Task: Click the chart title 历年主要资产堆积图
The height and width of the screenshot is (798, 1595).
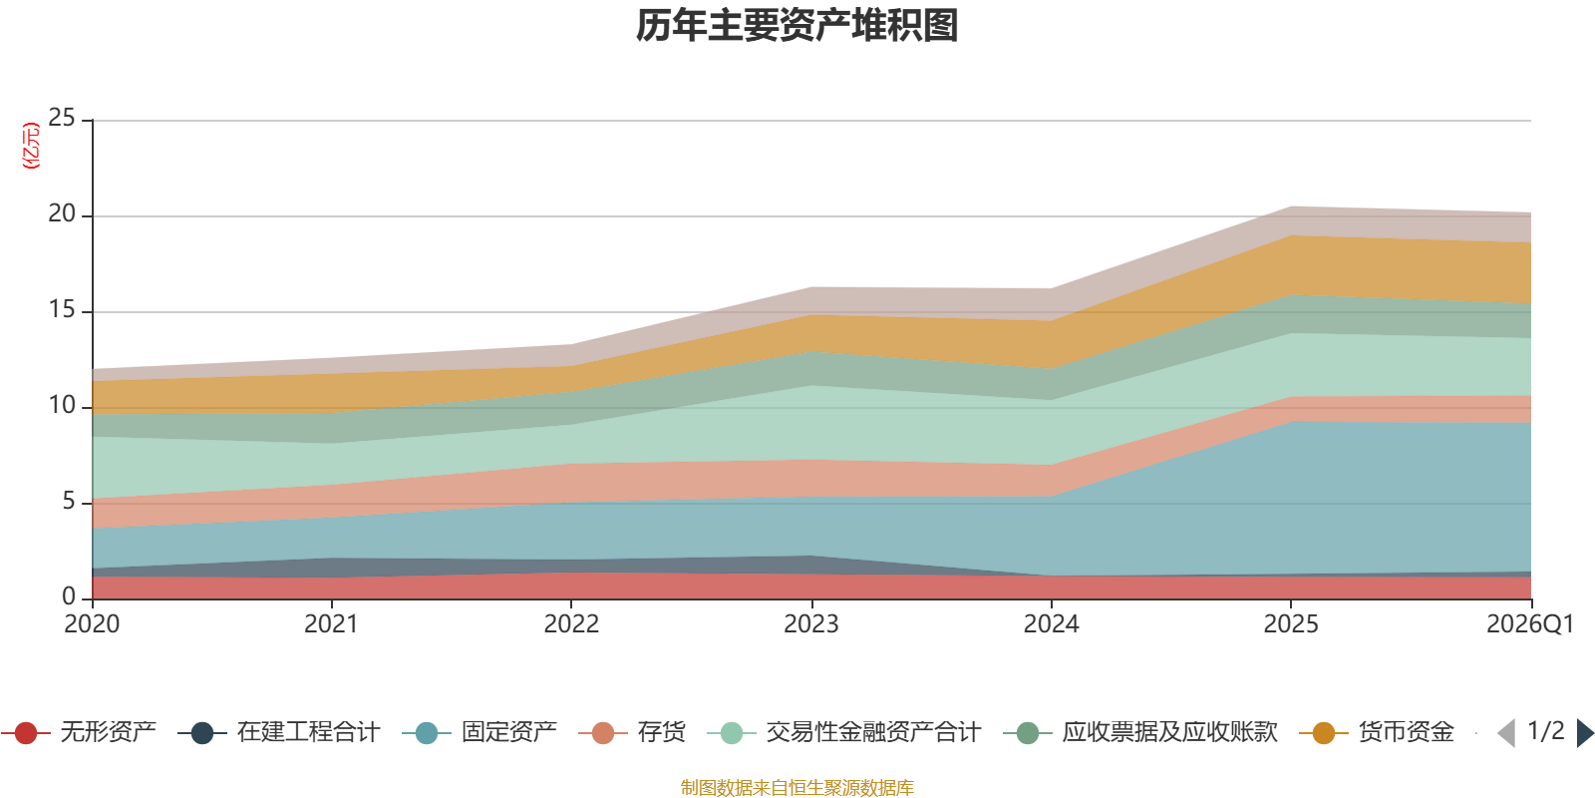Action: coord(797,26)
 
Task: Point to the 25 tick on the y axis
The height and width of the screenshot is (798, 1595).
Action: coord(62,119)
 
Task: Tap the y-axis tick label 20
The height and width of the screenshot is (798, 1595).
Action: coord(62,214)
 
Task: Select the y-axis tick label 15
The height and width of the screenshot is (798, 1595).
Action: coord(62,310)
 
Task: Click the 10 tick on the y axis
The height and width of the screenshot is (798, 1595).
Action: coord(62,406)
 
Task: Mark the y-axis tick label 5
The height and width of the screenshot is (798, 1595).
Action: coord(68,502)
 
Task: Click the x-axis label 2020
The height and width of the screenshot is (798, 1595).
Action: coord(92,624)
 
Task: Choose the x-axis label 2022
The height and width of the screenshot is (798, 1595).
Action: coord(571,624)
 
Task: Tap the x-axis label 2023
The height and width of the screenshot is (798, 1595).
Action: coord(811,624)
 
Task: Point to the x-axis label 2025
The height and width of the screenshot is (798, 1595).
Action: coord(1291,624)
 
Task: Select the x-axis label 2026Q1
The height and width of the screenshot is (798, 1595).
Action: coord(1529,624)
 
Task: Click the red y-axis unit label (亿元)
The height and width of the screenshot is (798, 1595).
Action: coord(31,146)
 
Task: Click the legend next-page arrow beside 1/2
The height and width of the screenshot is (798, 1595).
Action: coord(1584,733)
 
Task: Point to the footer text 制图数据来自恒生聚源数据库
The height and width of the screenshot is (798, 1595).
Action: coord(797,788)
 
